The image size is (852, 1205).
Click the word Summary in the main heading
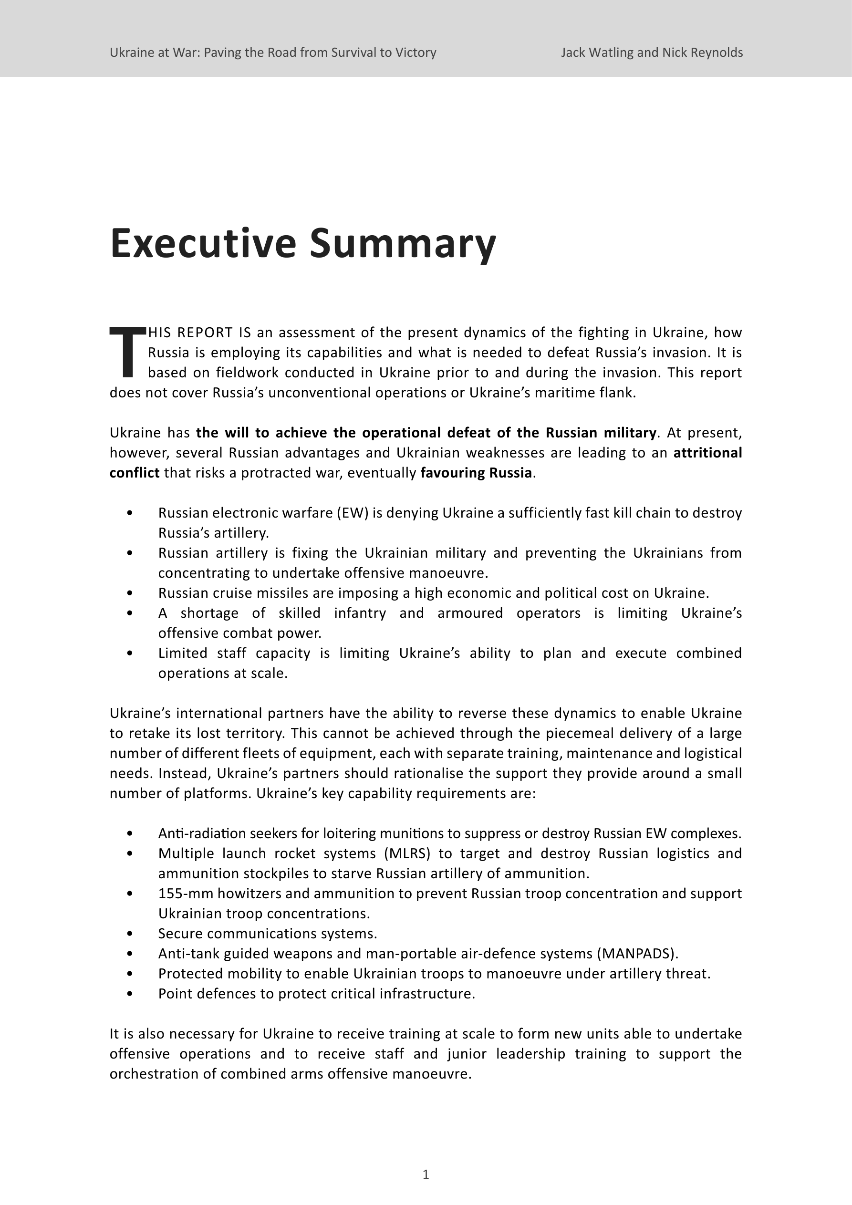point(403,243)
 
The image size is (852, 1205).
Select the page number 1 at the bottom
point(426,1174)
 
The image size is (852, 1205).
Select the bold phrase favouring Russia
point(476,473)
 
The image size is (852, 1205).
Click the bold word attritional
point(707,452)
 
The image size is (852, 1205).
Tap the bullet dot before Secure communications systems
point(130,934)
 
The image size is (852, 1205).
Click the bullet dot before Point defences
point(130,994)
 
